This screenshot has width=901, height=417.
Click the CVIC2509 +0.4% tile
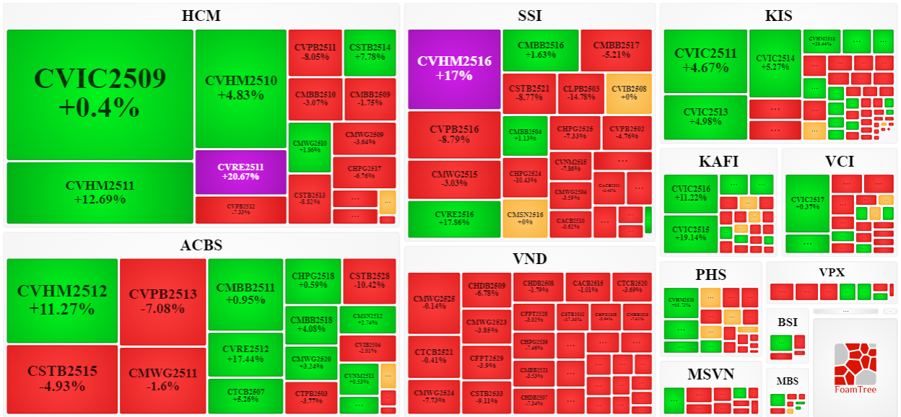100,95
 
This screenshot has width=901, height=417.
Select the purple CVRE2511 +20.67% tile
240,172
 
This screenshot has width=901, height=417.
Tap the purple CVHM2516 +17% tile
454,69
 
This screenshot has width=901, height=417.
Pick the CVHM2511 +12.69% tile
100,193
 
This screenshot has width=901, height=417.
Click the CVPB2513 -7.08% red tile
162,301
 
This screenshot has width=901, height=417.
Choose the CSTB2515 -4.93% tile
62,379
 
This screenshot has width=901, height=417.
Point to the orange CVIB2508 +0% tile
629,93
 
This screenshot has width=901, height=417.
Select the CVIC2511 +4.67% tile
705,61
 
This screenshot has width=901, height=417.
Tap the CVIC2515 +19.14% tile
691,234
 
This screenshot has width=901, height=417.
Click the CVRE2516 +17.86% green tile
454,219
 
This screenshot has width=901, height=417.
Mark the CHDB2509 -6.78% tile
487,290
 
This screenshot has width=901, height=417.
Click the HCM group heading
201,16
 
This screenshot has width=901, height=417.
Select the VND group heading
529,259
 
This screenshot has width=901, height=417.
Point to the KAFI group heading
718,161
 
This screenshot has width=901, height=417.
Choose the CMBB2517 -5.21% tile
616,50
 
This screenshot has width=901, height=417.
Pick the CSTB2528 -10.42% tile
369,281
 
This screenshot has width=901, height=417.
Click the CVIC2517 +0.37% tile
807,203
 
